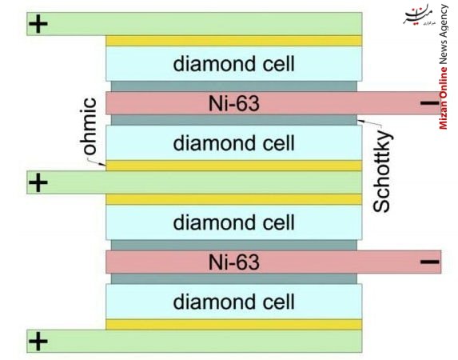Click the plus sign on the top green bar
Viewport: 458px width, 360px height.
coord(38,24)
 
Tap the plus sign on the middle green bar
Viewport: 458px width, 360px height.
coord(38,182)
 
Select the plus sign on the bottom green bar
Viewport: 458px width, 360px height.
coord(38,341)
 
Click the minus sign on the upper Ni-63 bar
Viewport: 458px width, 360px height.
coord(429,103)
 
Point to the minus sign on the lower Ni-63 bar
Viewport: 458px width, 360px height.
coord(429,262)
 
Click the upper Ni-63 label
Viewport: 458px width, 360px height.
coord(234,103)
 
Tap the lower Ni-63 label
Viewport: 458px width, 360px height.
coord(234,262)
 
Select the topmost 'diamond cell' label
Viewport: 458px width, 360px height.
coord(233,64)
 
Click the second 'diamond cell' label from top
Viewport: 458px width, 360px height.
coord(233,143)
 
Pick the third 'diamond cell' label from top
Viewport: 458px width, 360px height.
coord(233,222)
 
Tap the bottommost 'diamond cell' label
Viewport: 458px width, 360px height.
coord(233,302)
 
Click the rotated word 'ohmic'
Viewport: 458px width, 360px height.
coord(88,126)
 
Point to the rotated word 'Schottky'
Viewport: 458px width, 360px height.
coord(382,172)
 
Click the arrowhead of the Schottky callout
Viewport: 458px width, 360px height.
coord(359,120)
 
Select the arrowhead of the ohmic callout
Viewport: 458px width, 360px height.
coord(104,164)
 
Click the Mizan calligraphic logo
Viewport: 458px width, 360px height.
coord(419,14)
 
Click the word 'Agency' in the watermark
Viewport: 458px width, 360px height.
coord(444,21)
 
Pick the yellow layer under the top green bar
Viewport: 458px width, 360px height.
coord(233,41)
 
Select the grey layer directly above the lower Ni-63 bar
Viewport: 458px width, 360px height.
coord(234,245)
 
